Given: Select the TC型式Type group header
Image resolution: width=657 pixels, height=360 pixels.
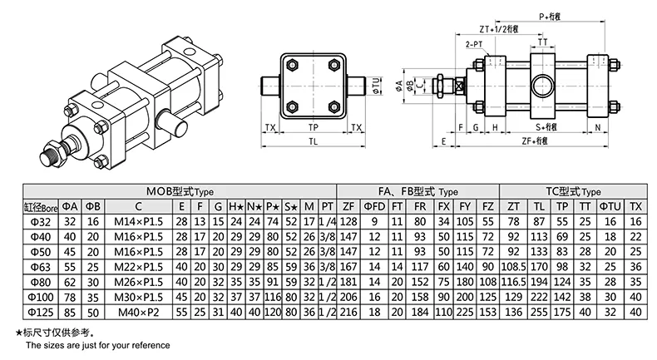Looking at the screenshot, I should [575, 190].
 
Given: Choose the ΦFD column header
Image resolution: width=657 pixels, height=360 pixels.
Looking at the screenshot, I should [376, 205].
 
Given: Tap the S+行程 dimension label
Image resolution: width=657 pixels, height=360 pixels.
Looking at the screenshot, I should [545, 126].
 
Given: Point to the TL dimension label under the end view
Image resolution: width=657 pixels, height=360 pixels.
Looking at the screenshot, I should [313, 142].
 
